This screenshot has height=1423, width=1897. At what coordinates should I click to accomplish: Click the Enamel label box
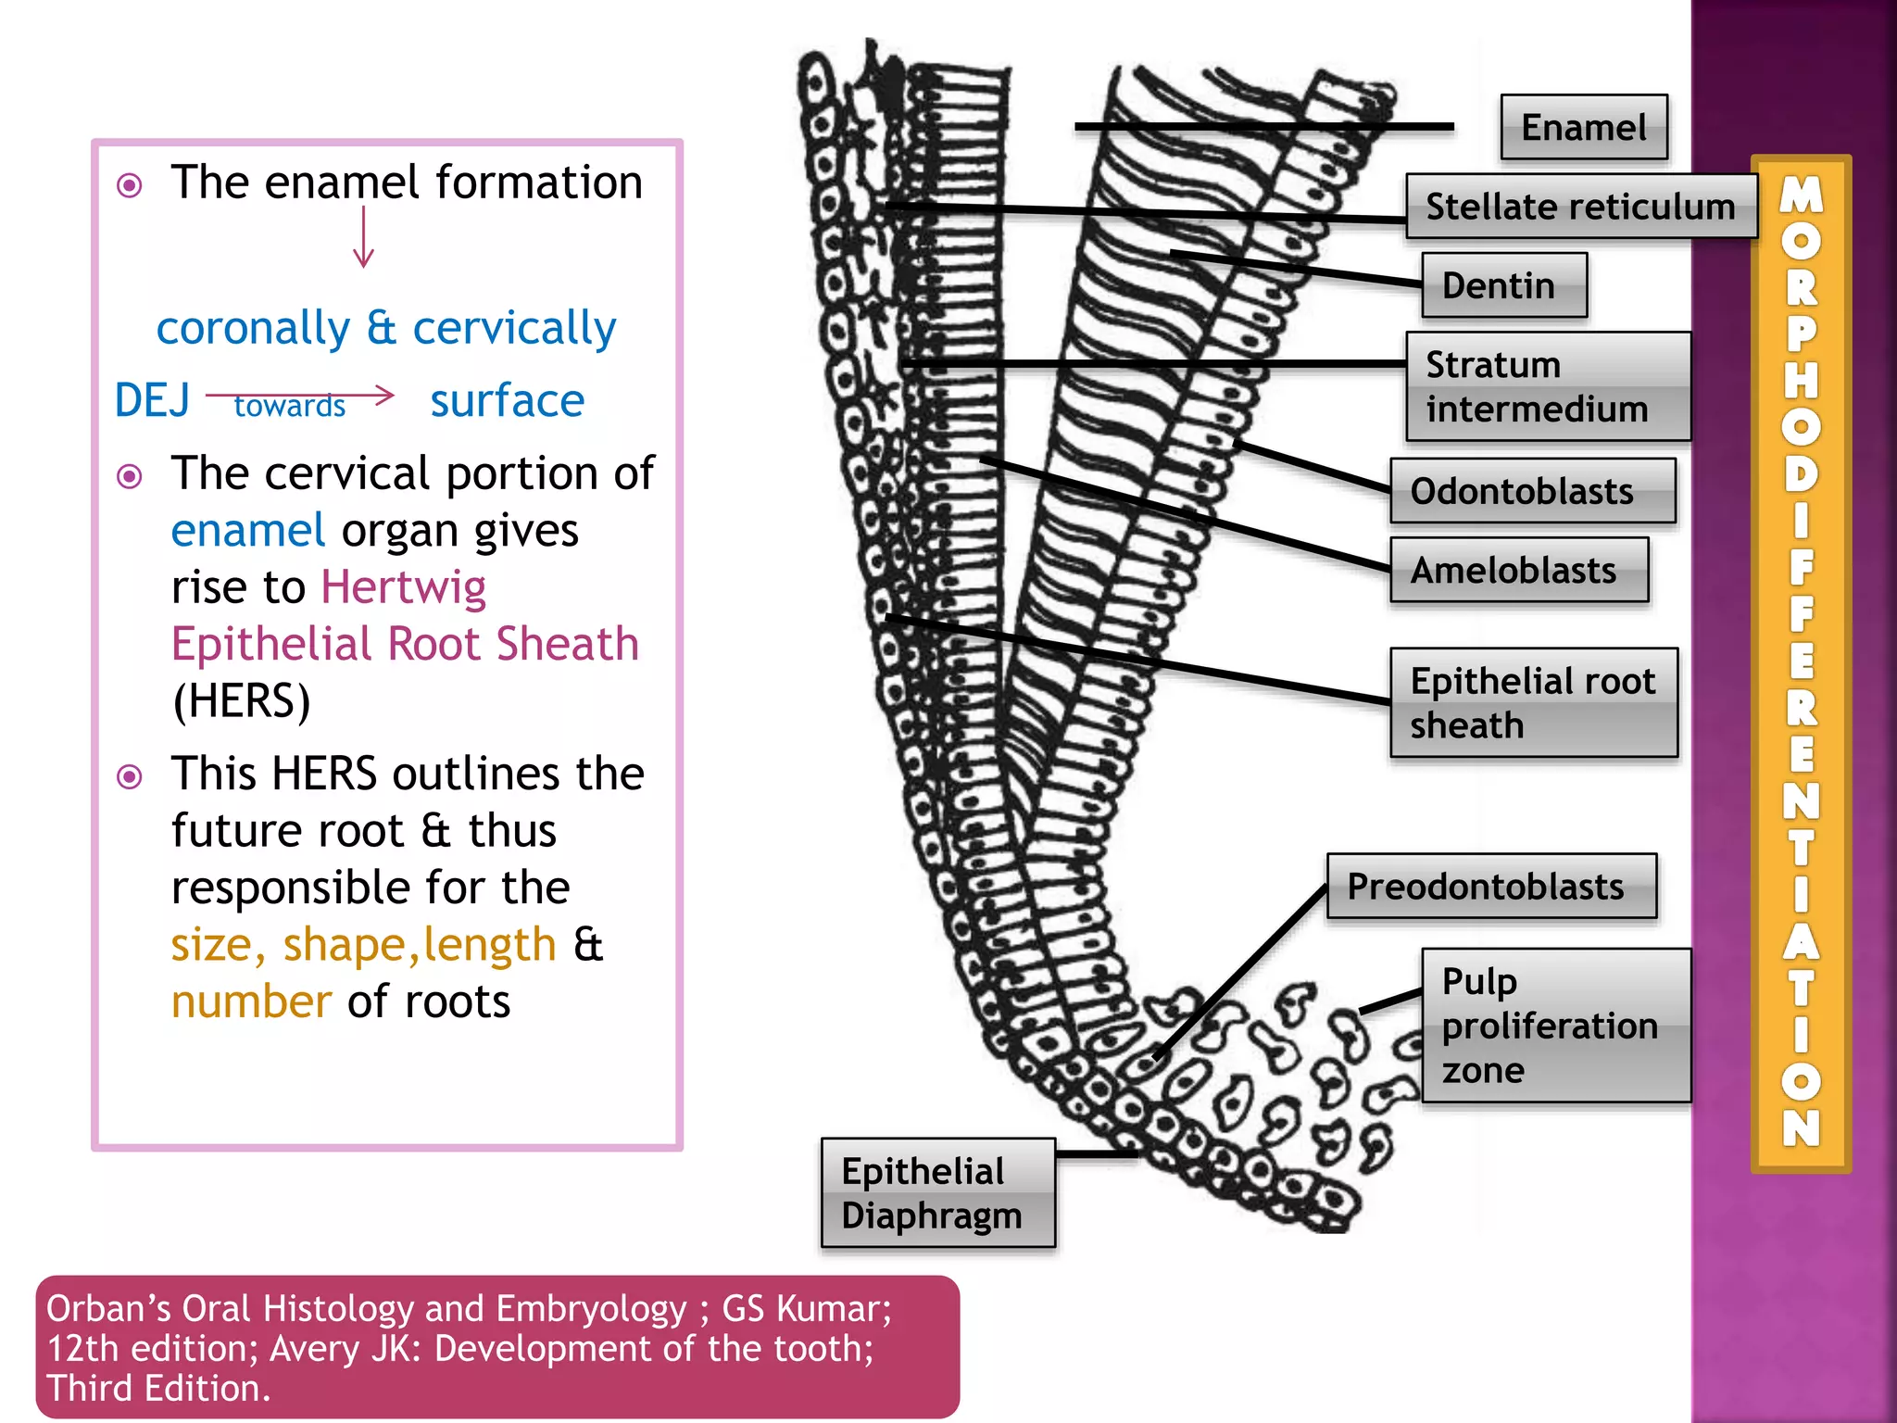pos(1584,128)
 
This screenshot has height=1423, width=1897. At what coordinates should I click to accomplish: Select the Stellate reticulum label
pos(1580,207)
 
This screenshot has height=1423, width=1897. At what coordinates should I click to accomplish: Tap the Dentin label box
pos(1503,285)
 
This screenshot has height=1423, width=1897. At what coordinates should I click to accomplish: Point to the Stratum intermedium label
pos(1547,386)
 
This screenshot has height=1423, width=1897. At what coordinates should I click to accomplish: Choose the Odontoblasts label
pos(1532,491)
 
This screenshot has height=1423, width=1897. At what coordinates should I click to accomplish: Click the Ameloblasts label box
pos(1519,571)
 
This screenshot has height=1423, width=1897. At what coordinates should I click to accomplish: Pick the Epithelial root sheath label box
pos(1534,703)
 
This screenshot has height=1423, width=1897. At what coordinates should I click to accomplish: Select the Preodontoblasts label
pos(1491,887)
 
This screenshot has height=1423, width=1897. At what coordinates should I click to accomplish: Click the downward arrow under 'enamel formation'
pos(364,238)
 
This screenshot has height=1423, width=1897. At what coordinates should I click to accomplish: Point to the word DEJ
pos(153,401)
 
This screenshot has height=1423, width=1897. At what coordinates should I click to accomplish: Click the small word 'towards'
pos(290,406)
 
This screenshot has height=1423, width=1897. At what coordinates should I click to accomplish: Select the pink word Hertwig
pos(403,587)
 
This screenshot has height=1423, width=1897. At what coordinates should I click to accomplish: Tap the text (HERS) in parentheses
pos(241,700)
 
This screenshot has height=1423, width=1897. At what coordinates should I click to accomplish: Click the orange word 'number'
pos(251,1001)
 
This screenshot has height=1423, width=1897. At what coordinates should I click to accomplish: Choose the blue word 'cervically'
pos(514,328)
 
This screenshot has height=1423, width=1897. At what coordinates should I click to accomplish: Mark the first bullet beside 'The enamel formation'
pos(130,185)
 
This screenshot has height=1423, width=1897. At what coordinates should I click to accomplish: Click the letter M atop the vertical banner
pos(1802,195)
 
